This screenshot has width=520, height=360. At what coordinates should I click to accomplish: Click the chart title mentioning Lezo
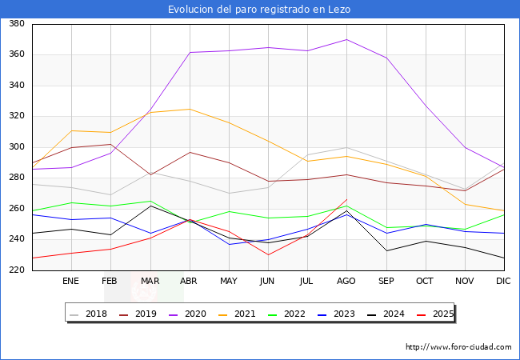(259, 10)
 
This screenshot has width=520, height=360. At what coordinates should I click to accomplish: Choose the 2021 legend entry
(245, 314)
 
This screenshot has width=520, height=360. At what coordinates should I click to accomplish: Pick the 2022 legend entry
(294, 314)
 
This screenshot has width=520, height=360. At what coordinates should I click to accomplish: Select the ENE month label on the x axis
(71, 281)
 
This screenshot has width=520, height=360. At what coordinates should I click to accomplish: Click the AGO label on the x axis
(346, 281)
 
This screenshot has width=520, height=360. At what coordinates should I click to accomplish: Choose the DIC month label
(503, 281)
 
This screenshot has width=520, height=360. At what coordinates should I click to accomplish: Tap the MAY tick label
(229, 281)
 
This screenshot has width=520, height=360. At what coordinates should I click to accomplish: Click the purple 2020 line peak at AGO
(346, 39)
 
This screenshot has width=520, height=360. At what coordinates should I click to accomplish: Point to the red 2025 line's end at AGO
(346, 199)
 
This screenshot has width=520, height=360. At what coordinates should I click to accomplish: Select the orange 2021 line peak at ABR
(190, 109)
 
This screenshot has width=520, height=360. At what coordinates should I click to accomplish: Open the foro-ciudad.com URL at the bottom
(458, 347)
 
